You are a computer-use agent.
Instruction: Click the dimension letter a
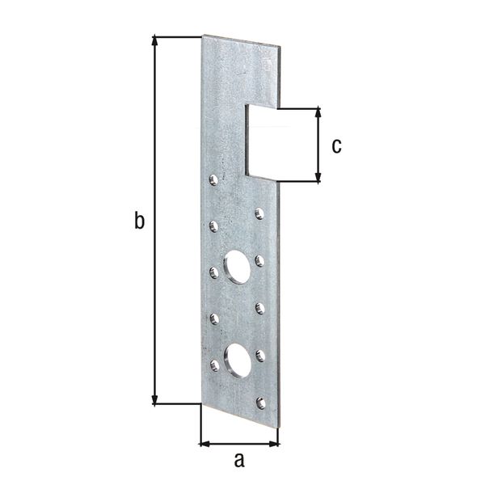(238, 462)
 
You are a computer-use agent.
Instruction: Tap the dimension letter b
(140, 221)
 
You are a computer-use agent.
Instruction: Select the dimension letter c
(336, 145)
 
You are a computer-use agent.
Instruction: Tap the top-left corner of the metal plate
(203, 36)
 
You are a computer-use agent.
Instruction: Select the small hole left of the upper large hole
(214, 272)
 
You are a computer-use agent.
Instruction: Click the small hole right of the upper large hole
(259, 260)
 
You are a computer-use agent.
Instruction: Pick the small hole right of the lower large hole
(260, 354)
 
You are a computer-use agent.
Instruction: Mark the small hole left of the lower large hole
(214, 365)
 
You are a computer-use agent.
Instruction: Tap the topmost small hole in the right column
(259, 213)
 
